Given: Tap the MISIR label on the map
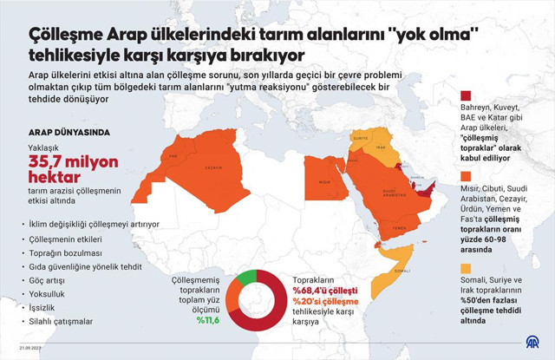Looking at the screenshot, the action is [323, 182].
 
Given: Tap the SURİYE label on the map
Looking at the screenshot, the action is [361, 137].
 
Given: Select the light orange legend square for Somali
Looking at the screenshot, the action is [466, 267].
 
